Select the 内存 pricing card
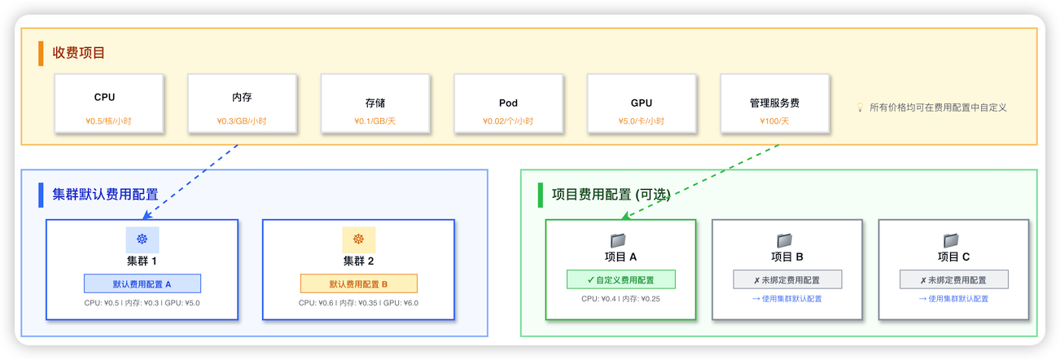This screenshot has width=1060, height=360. pos(242,103)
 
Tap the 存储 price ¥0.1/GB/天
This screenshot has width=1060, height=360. pos(375,121)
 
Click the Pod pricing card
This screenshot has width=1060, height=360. pos(509,103)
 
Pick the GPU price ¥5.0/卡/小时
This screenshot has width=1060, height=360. pos(642,121)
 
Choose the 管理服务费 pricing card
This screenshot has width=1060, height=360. pos(775,103)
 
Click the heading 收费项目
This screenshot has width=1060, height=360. pos(79,53)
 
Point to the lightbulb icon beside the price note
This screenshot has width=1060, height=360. pos(860,108)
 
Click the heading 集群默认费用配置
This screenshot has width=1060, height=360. pos(105,195)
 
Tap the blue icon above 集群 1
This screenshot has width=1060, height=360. pos(142,239)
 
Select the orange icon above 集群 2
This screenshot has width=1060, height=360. pos(358,239)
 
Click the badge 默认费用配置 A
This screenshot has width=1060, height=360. pos(142,283)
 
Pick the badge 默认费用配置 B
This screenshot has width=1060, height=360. pos(358,283)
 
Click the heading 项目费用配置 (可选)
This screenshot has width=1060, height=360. pos(611,195)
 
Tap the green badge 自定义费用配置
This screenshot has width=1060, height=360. pos(620,279)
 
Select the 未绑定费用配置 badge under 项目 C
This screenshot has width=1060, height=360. pos(953,279)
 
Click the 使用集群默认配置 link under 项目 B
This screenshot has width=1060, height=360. pos(786,299)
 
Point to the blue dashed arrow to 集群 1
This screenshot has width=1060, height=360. pos(191,182)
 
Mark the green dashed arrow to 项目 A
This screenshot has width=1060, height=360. pos(700,182)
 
